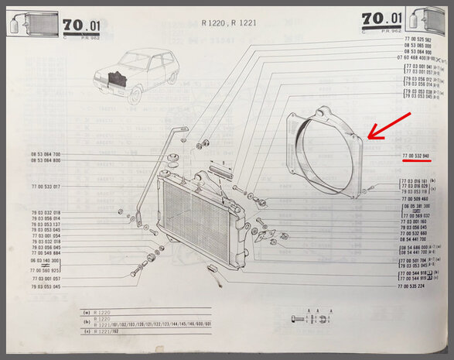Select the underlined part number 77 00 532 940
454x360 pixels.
click(x=415, y=156)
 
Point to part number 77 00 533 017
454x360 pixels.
click(x=46, y=187)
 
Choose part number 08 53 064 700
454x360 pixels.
click(x=46, y=155)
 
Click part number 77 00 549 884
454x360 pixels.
click(x=46, y=253)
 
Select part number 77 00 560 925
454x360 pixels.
click(x=46, y=270)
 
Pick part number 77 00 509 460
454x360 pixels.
click(x=415, y=199)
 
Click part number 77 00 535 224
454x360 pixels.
click(x=415, y=286)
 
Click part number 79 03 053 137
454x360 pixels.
click(x=46, y=224)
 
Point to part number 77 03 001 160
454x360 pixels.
click(x=415, y=221)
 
